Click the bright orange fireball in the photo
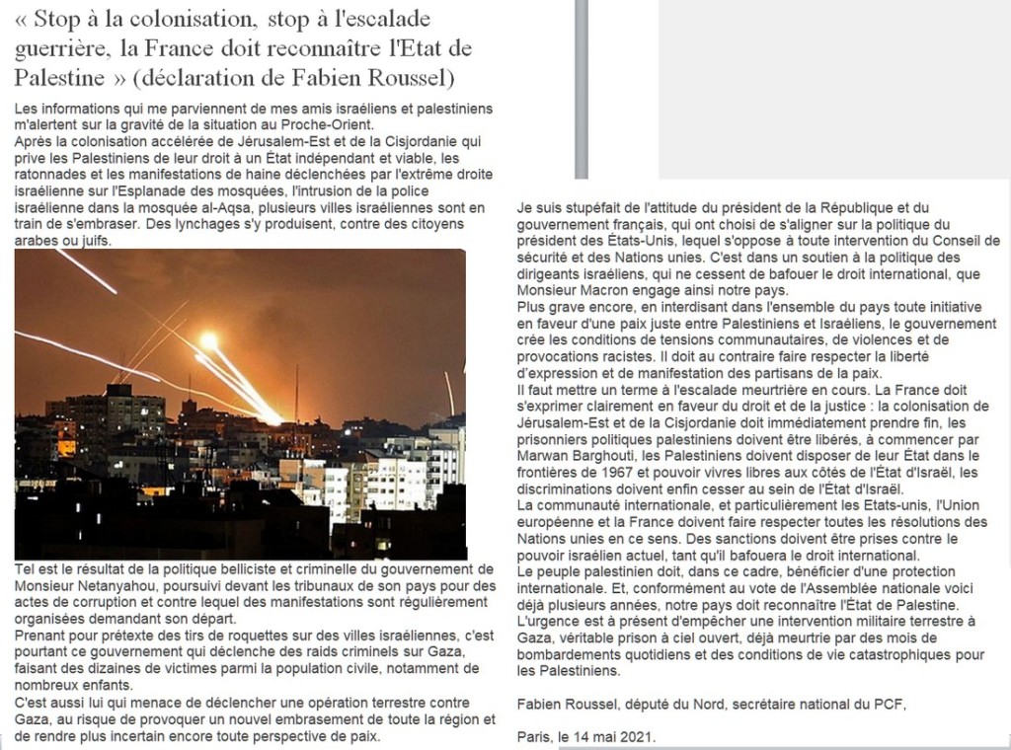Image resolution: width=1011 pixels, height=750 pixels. point(209,340)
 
